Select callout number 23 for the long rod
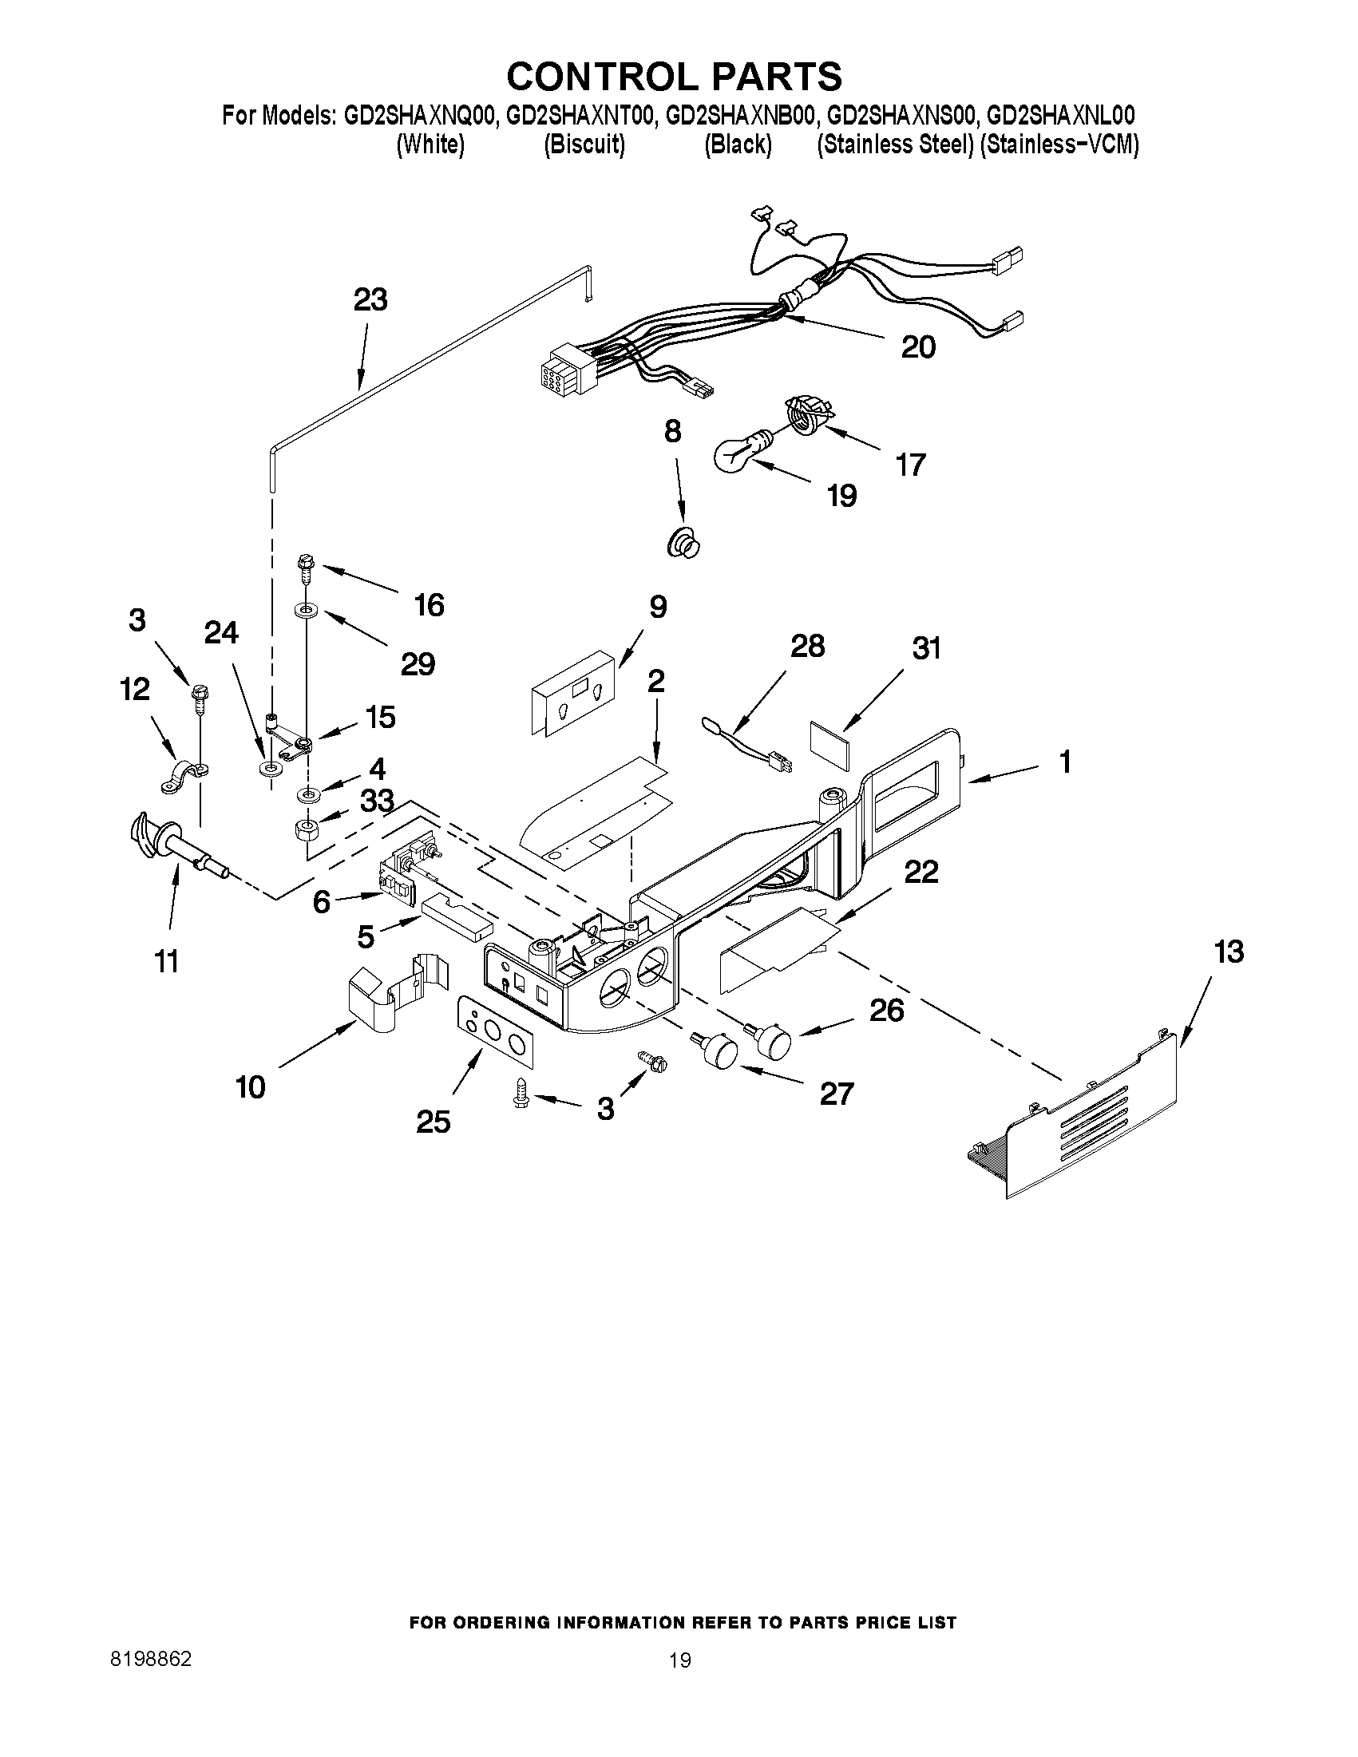pos(370,299)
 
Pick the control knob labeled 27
pos(719,1051)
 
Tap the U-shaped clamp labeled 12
pos(182,777)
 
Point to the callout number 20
pos(918,346)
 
